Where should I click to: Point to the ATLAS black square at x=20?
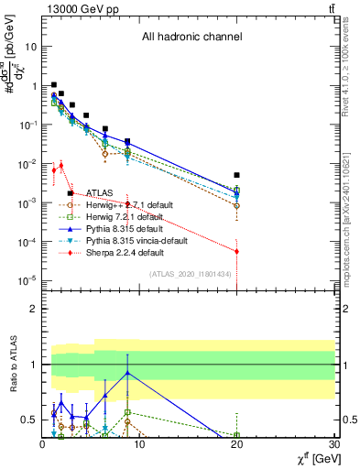[237, 175]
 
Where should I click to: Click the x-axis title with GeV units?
[311, 457]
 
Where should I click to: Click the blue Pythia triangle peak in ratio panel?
[127, 373]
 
